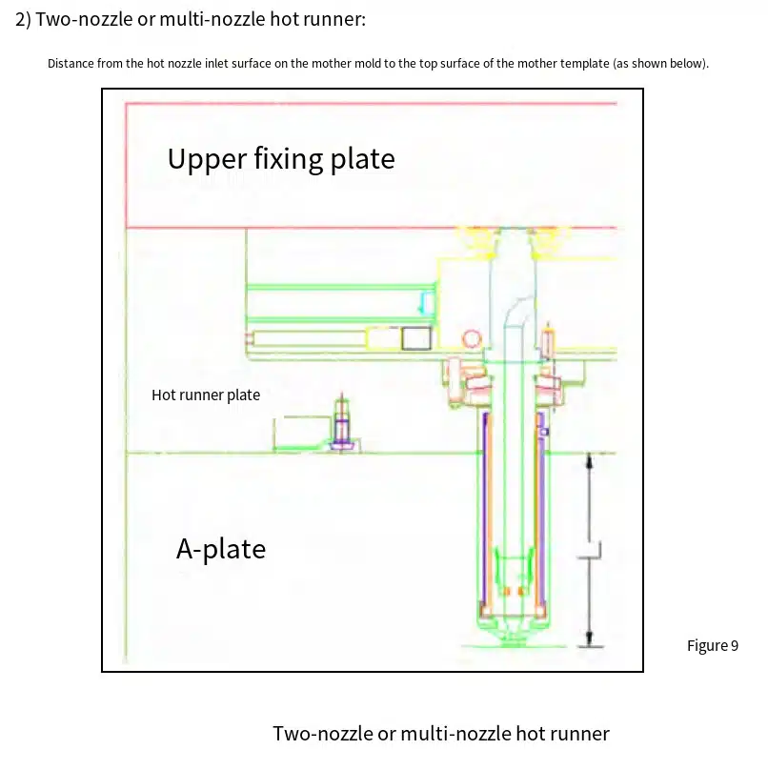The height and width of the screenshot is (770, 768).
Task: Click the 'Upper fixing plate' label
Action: click(x=281, y=158)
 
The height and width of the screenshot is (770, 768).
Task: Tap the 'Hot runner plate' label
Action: click(x=206, y=395)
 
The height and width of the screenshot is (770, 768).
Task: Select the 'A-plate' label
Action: click(x=221, y=549)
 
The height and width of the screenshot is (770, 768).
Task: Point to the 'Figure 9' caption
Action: click(x=713, y=645)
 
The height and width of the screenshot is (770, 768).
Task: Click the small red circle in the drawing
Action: click(x=472, y=339)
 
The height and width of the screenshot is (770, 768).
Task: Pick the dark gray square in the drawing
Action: click(x=416, y=338)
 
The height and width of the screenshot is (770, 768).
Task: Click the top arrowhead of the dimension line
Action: click(x=589, y=461)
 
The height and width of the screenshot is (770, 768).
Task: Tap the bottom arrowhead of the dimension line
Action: click(x=589, y=638)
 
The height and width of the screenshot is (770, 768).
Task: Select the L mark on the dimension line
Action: click(x=594, y=551)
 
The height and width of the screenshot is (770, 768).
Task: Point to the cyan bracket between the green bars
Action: click(x=426, y=303)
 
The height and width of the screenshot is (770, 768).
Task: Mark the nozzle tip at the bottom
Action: click(x=513, y=638)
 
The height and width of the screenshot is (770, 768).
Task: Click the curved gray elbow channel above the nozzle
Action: click(x=515, y=310)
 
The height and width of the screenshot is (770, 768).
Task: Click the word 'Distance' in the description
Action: click(x=71, y=63)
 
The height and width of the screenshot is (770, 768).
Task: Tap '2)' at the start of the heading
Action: click(x=23, y=20)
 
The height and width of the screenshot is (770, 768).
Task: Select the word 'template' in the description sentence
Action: click(x=585, y=64)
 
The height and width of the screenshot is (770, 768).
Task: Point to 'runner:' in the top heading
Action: click(x=334, y=20)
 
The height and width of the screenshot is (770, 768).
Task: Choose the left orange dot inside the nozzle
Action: click(x=507, y=591)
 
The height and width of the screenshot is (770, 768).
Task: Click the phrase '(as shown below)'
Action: click(x=660, y=64)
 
